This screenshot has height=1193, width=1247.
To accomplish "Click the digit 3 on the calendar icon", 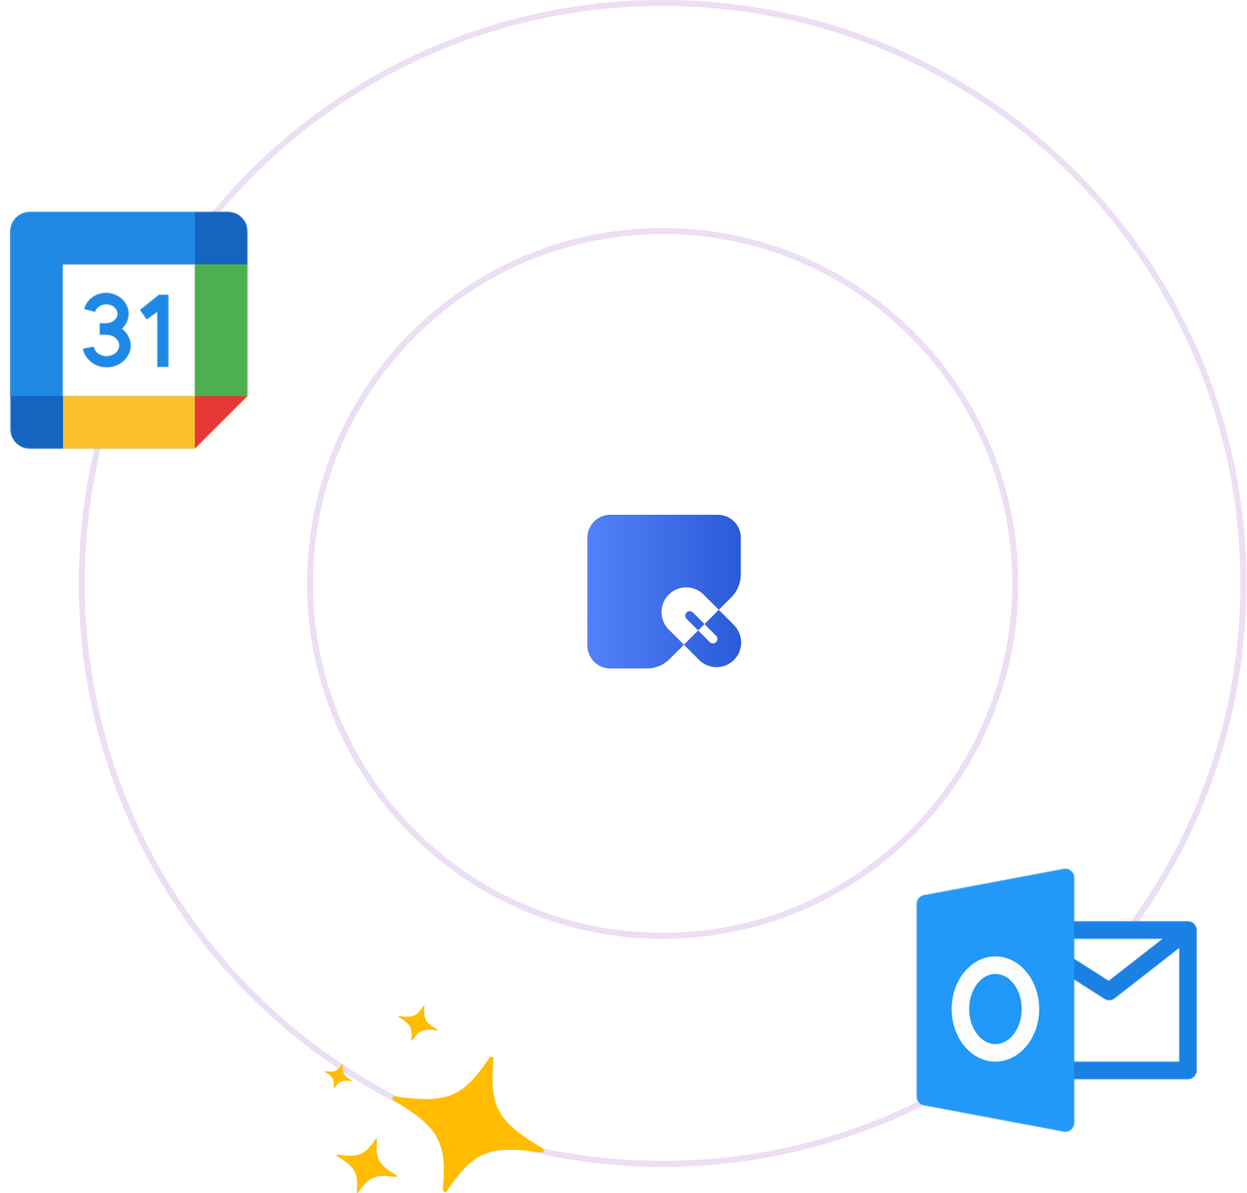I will [x=107, y=331].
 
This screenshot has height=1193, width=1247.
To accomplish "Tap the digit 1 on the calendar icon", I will [x=157, y=331].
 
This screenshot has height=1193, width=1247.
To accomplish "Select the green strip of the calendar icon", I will [x=220, y=330].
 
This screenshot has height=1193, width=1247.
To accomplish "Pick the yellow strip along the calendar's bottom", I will [x=128, y=422].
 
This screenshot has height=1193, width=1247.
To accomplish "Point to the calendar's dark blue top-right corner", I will [x=220, y=237].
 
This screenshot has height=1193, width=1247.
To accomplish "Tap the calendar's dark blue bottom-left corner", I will [x=37, y=422].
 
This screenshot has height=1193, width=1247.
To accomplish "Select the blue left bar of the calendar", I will [x=37, y=330].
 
